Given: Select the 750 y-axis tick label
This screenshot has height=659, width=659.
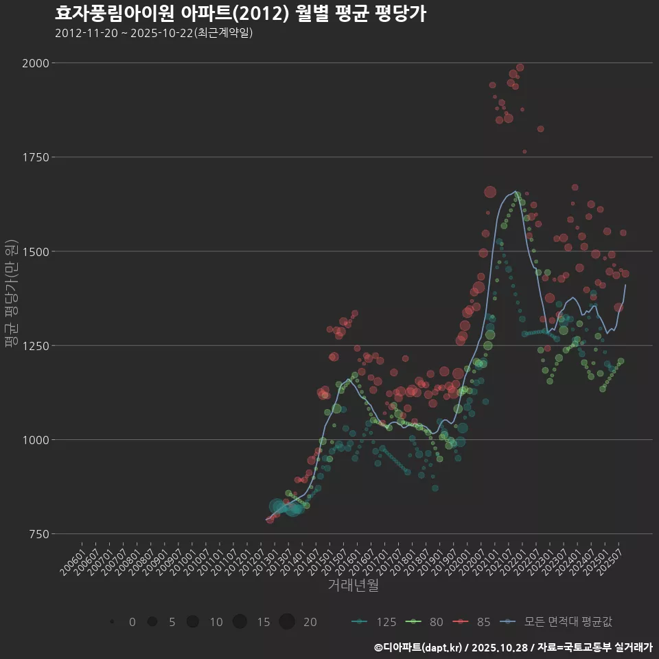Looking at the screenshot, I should click(x=39, y=534).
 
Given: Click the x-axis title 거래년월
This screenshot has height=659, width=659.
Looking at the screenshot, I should click(x=353, y=586).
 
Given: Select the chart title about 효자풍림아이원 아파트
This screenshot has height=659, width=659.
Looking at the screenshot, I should click(x=240, y=13).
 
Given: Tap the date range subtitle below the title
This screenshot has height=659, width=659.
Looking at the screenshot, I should click(x=154, y=32).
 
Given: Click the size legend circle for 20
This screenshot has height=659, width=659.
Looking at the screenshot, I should click(x=287, y=622).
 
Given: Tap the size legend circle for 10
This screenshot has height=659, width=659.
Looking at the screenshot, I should click(x=193, y=622).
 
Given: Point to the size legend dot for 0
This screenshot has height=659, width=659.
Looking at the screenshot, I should click(x=111, y=622).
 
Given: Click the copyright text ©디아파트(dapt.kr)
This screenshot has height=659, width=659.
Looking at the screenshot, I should click(x=419, y=647).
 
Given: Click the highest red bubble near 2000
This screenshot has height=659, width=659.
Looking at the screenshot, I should click(x=520, y=67).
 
